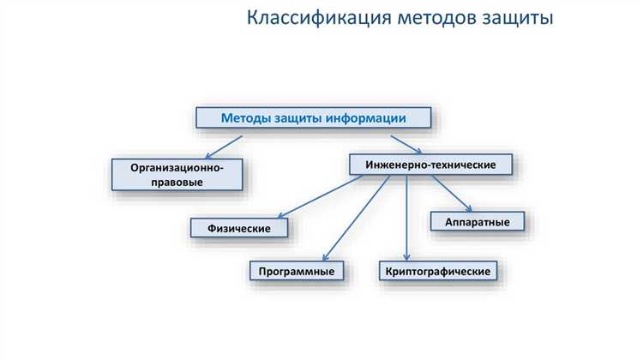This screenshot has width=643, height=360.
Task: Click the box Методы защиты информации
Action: pos(313,117)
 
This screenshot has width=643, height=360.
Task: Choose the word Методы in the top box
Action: pos(244,117)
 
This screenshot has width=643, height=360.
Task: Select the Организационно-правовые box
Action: pos(177,175)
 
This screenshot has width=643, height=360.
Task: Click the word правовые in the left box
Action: pos(177,183)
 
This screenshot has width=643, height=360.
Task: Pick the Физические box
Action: pos(239,228)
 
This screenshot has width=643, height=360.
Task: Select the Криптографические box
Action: pos(437,272)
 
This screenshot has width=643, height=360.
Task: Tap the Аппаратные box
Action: pos(478,222)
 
